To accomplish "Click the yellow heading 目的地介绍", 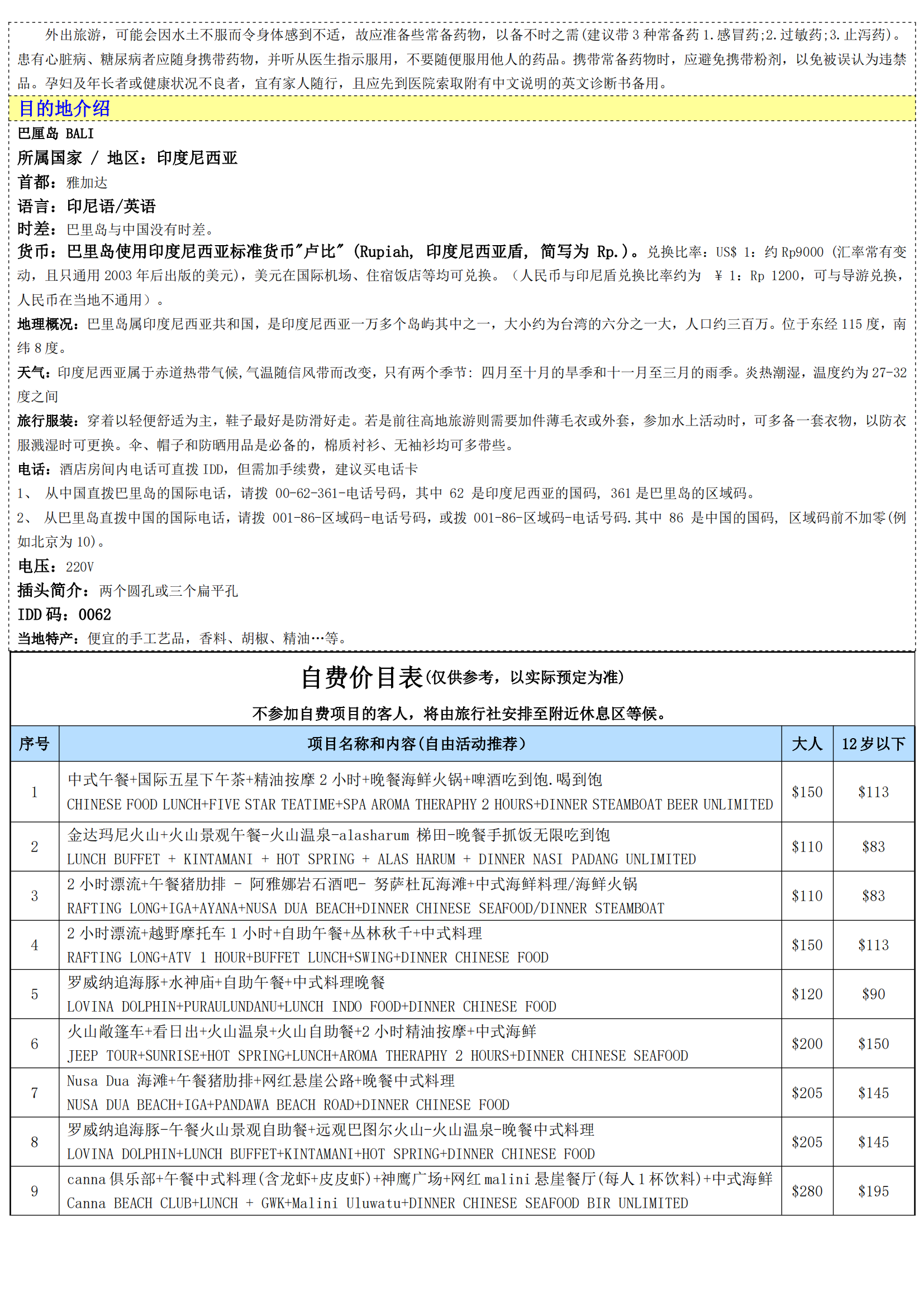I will pyautogui.click(x=64, y=108).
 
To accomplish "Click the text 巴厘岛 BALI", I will pyautogui.click(x=56, y=133).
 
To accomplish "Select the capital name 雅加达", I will pyautogui.click(x=87, y=183).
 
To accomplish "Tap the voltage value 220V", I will pyautogui.click(x=80, y=567).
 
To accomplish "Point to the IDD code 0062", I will pyautogui.click(x=95, y=615).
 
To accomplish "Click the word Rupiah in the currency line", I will pyautogui.click(x=387, y=252).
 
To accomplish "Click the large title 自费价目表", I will pyautogui.click(x=362, y=677).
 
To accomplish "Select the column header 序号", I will pyautogui.click(x=34, y=744).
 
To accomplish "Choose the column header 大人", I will pyautogui.click(x=807, y=744).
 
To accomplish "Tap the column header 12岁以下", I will pyautogui.click(x=873, y=744).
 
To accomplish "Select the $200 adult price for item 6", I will pyautogui.click(x=807, y=1044).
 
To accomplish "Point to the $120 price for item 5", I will pyautogui.click(x=807, y=994).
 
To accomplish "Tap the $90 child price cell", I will pyautogui.click(x=873, y=994).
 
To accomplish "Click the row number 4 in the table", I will pyautogui.click(x=34, y=945).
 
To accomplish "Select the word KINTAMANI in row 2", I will pyautogui.click(x=218, y=859).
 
